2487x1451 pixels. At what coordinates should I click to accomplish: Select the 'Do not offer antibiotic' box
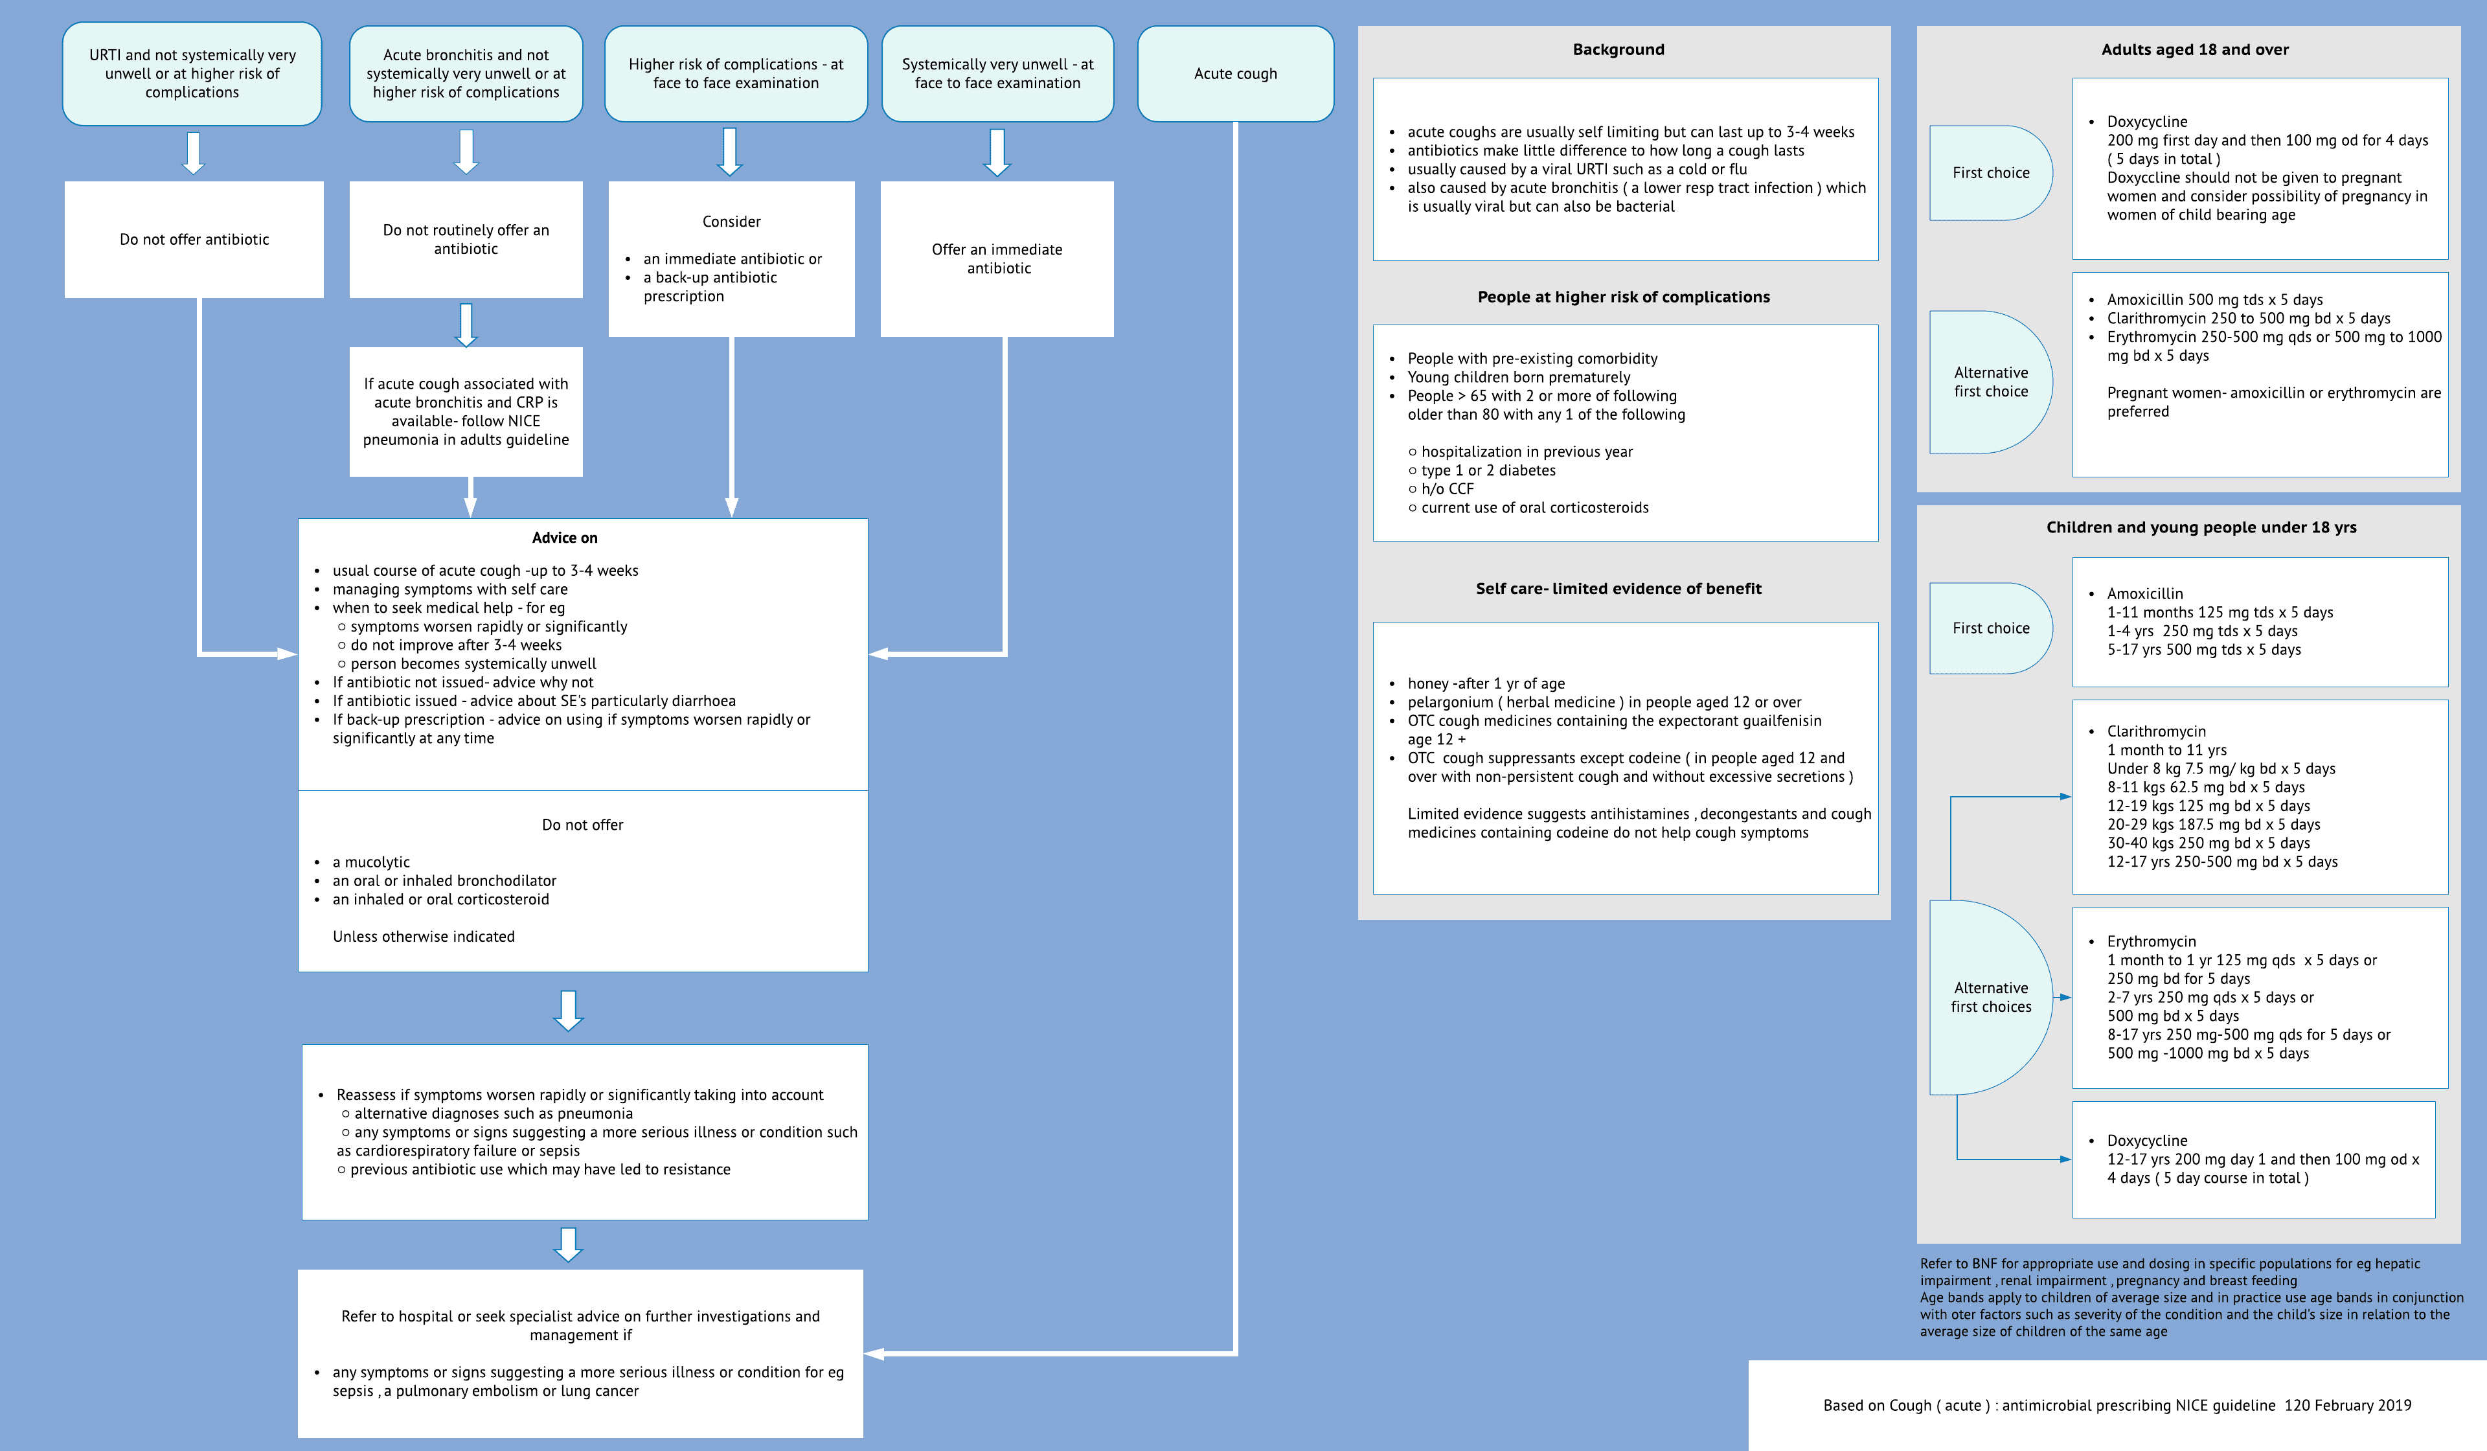[x=194, y=240]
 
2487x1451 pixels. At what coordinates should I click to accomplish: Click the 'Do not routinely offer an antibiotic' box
[x=466, y=240]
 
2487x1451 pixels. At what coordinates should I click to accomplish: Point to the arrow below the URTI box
[x=194, y=153]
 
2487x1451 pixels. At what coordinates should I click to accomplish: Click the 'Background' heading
[x=1618, y=49]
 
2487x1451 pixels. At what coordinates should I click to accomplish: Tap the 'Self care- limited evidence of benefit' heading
[x=1618, y=588]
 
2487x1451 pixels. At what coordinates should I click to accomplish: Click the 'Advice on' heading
[x=565, y=538]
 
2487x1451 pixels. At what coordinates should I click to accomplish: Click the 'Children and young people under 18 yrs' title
[x=2200, y=527]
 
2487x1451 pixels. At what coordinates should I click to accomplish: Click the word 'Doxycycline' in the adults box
[x=2146, y=121]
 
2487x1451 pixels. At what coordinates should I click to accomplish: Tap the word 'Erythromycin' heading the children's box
[x=2150, y=942]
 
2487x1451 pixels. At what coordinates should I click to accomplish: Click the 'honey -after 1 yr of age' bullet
[x=1485, y=683]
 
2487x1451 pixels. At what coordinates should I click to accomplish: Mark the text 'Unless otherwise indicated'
[x=424, y=937]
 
